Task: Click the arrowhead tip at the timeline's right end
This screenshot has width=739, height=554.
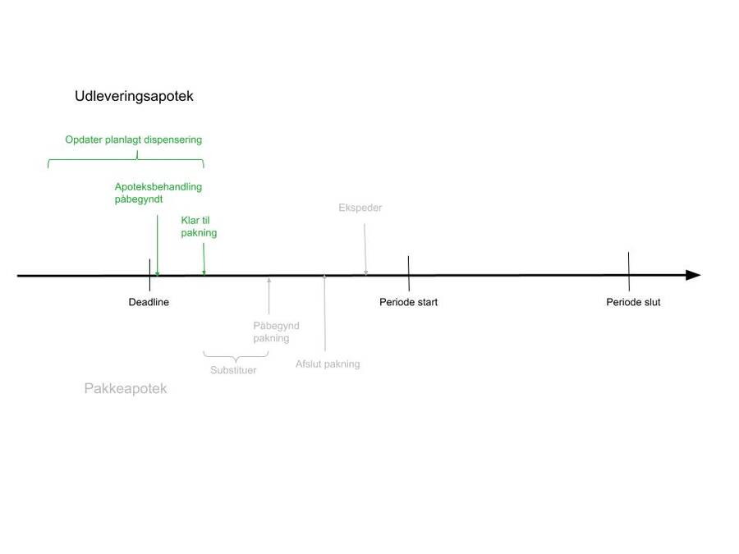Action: [x=701, y=275]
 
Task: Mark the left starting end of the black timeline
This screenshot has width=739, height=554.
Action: [x=17, y=276]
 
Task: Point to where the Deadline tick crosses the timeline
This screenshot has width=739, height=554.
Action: [x=150, y=276]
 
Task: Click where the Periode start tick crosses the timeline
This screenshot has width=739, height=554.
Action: [x=409, y=275]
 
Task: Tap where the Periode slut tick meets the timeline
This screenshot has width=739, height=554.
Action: [x=629, y=275]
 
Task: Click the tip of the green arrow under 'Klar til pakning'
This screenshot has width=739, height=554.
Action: [x=204, y=275]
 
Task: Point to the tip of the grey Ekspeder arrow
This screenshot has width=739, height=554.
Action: [x=365, y=275]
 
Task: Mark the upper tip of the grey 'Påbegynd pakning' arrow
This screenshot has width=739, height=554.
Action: [x=269, y=278]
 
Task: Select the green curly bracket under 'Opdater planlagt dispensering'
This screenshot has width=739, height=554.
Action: [x=126, y=159]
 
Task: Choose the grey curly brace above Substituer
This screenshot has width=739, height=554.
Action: [x=236, y=356]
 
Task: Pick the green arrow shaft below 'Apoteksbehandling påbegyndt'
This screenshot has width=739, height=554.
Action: [x=158, y=245]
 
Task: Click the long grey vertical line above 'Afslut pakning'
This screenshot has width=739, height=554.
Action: [x=324, y=314]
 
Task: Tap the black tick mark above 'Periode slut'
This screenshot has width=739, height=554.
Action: [x=629, y=272]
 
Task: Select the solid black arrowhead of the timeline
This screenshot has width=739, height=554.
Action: [x=693, y=275]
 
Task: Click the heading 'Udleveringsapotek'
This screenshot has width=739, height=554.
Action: [x=135, y=96]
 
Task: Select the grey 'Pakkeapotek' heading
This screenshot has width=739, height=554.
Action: [x=126, y=389]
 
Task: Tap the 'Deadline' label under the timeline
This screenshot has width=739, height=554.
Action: [x=149, y=302]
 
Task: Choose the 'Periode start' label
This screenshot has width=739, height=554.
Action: [x=409, y=302]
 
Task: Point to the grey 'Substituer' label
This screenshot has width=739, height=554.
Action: [x=233, y=370]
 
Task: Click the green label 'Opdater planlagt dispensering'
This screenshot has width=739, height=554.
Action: [x=133, y=140]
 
